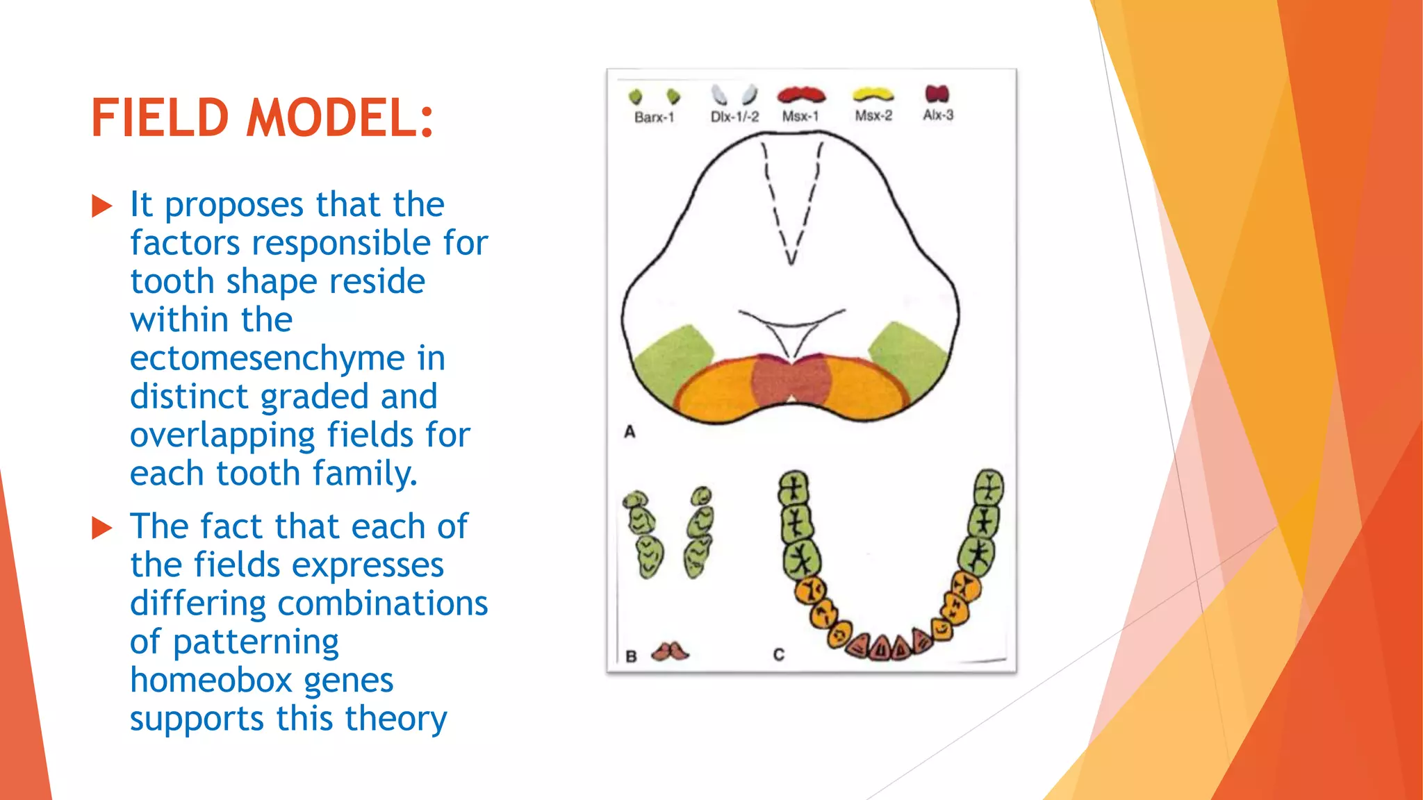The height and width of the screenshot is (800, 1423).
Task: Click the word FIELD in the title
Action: click(x=160, y=118)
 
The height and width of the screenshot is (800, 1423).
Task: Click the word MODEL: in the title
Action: click(x=340, y=118)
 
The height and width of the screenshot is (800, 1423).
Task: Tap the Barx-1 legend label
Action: click(x=654, y=117)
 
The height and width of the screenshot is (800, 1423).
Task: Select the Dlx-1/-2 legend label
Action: click(x=734, y=117)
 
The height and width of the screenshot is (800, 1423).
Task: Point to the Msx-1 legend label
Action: click(x=800, y=116)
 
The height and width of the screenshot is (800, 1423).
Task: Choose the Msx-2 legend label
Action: click(x=873, y=115)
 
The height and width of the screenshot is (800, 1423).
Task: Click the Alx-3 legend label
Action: click(x=938, y=115)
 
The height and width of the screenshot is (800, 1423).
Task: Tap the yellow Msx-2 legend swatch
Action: click(x=873, y=94)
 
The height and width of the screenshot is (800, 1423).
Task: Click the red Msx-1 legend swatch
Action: click(x=801, y=94)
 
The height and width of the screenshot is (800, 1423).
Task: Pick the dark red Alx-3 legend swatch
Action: click(x=937, y=93)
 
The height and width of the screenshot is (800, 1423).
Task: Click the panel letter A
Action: click(x=630, y=432)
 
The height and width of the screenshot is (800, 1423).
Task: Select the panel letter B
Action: click(x=631, y=656)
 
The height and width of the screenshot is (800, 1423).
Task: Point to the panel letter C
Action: click(x=778, y=655)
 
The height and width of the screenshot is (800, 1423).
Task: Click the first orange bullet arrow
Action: click(x=102, y=206)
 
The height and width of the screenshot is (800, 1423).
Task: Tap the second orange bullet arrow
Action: click(x=102, y=528)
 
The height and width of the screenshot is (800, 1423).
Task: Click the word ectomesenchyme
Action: click(x=268, y=358)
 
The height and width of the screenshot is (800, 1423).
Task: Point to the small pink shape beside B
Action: click(x=669, y=651)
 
